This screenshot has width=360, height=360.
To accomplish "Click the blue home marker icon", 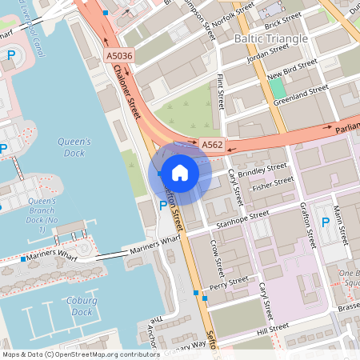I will click(x=180, y=172).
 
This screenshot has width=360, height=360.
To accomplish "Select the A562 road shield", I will click(x=212, y=145).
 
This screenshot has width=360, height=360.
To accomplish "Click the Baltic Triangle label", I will click(x=270, y=38).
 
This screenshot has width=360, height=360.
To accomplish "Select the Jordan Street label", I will click(x=267, y=52).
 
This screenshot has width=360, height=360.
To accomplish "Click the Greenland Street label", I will click(x=300, y=94).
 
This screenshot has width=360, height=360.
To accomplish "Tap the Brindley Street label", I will click(x=262, y=172).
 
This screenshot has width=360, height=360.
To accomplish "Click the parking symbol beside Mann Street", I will click(x=325, y=222).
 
